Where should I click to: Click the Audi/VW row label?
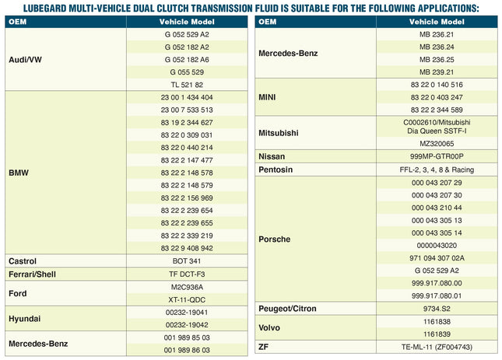coord(25,60)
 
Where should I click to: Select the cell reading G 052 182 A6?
coord(187,60)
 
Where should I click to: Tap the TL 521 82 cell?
coord(187,85)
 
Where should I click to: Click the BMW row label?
coord(19,173)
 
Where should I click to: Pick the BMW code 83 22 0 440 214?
coord(187,148)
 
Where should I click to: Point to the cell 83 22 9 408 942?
coord(187,248)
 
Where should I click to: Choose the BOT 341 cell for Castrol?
coord(187,261)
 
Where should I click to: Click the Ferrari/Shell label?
coord(33,274)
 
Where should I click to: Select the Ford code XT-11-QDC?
coord(187,300)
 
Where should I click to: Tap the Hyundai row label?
coord(25,319)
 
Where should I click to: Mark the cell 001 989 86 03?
coord(187,350)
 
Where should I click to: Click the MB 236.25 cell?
coord(437,60)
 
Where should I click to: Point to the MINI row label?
coord(267,97)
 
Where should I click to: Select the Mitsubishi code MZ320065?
coord(437,144)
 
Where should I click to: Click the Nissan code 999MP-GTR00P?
coord(437,156)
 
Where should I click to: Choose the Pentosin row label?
coord(276,170)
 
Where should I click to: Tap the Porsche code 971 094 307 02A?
coord(437,258)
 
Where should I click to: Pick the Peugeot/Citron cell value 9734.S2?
coord(437,309)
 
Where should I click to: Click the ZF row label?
coord(264,347)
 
